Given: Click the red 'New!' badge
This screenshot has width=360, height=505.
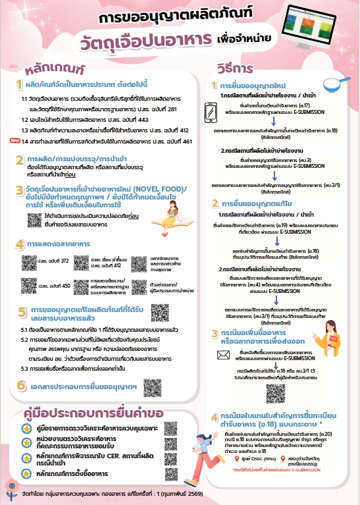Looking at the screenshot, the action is coord(14,140).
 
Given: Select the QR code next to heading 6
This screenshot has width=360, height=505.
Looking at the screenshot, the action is coord(153,386).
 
